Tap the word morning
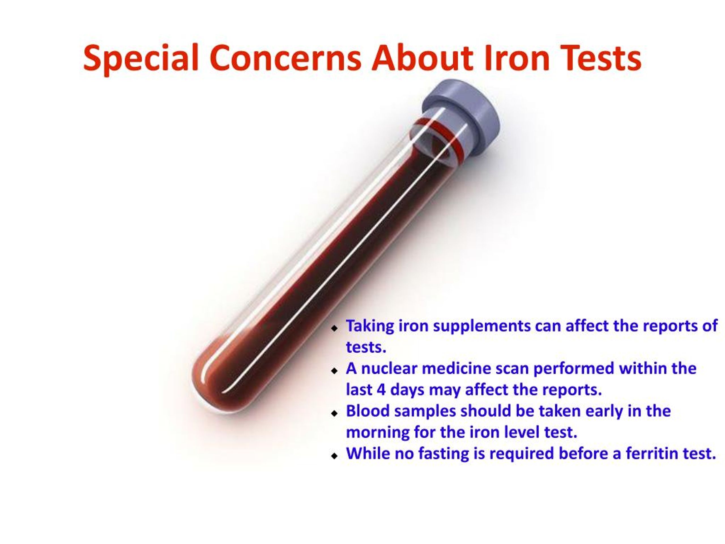coord(377,432)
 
